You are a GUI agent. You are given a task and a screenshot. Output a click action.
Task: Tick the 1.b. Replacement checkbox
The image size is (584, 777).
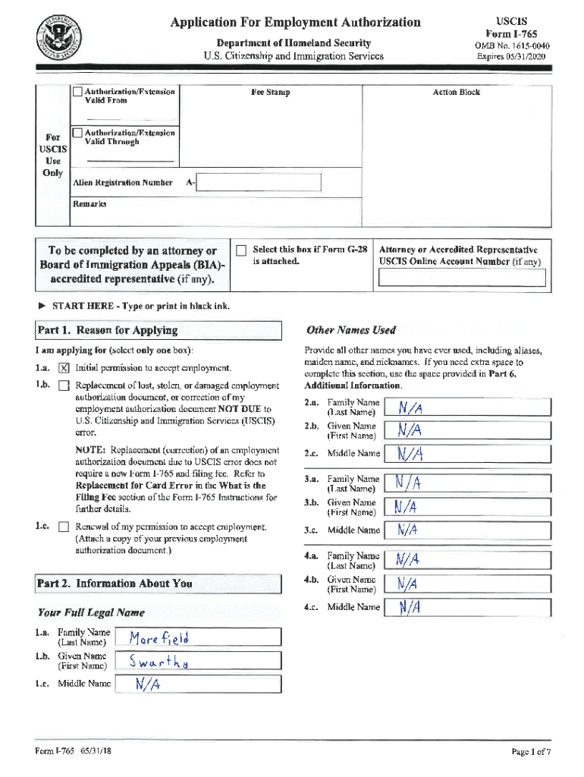[x=64, y=385]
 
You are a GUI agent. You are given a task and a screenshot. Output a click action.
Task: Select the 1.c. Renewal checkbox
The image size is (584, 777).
[x=64, y=527]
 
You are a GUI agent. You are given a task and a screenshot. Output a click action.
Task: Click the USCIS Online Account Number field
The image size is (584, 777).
[x=462, y=279]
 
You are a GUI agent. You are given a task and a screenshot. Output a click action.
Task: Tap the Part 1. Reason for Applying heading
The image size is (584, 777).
[x=107, y=330]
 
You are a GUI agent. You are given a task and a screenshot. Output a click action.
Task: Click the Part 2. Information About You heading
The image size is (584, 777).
[x=114, y=584]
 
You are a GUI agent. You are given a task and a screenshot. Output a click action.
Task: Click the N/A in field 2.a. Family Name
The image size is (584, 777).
[x=410, y=408]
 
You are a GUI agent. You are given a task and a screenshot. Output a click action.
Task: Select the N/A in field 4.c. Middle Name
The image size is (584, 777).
[x=410, y=608]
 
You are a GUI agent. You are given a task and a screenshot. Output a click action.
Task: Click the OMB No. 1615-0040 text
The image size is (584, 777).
[x=513, y=46]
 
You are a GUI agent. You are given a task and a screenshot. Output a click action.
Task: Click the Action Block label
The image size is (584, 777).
[x=456, y=93]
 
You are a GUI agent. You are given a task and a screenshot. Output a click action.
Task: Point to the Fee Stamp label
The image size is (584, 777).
[x=271, y=93]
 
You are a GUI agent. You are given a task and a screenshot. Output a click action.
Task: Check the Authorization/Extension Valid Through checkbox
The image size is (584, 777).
[x=77, y=134]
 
